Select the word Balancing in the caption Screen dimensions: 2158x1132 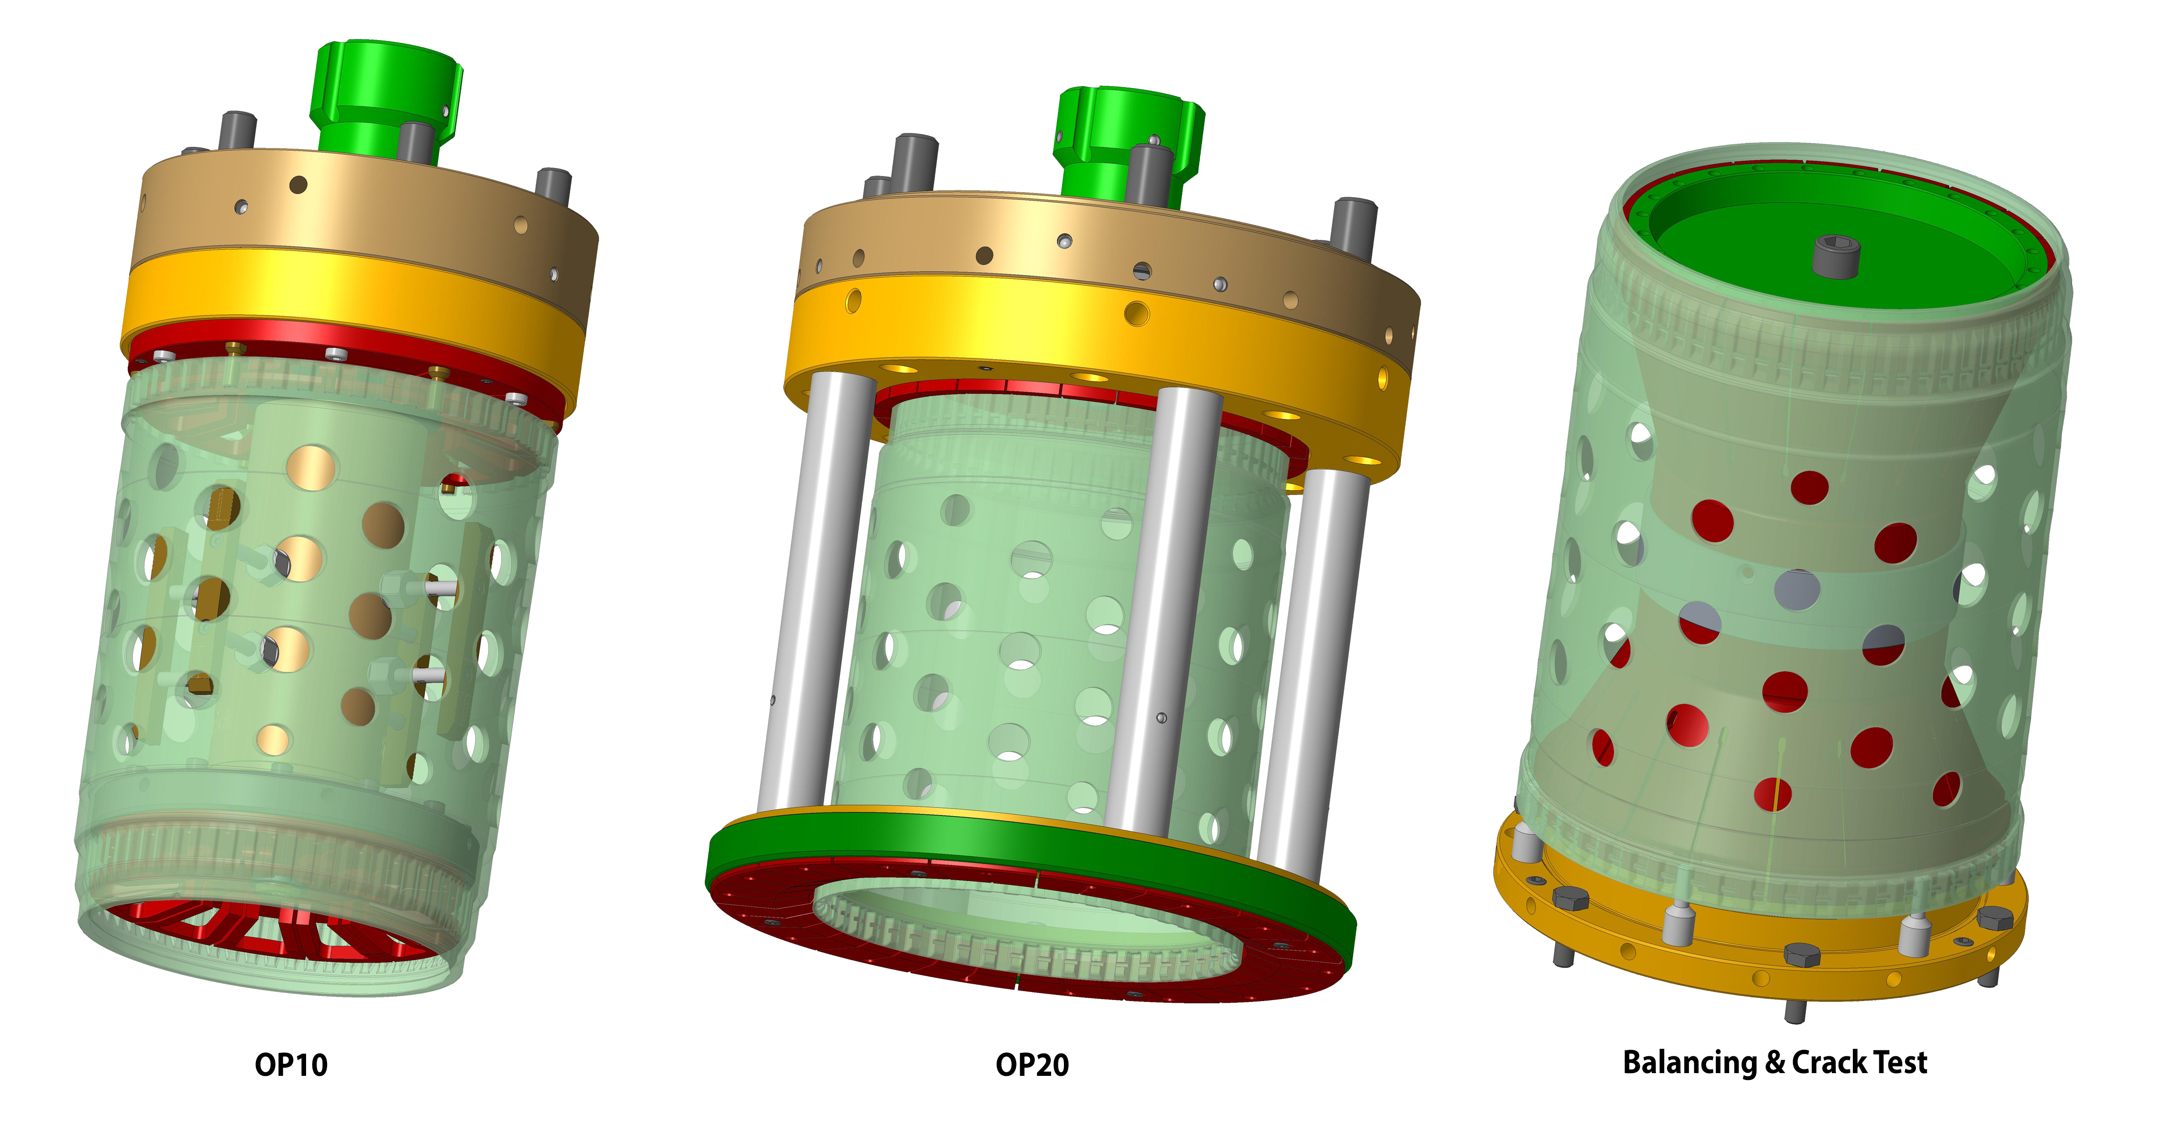(1690, 1063)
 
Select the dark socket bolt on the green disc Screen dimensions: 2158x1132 (1836, 255)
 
